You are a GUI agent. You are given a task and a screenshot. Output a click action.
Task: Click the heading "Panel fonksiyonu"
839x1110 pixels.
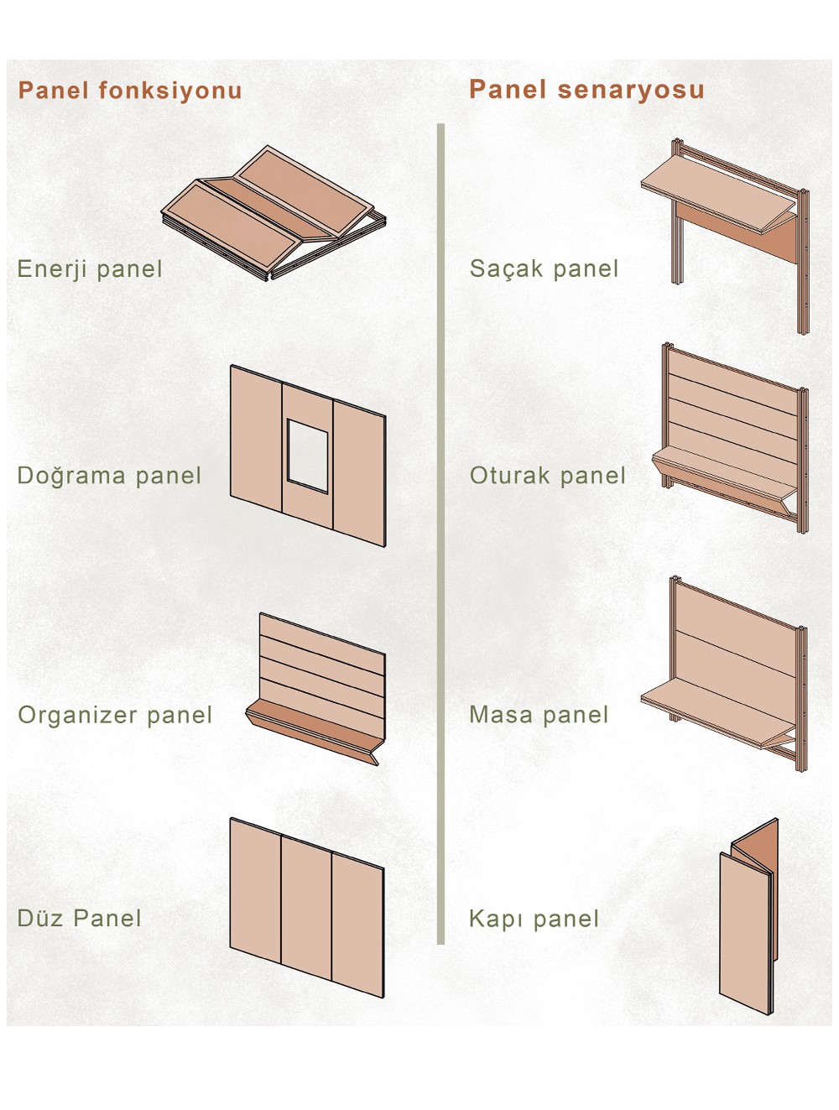tap(130, 91)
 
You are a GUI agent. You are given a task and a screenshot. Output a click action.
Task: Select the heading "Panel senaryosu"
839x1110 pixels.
tap(586, 90)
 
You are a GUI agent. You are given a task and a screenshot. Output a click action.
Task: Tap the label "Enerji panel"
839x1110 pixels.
tap(90, 268)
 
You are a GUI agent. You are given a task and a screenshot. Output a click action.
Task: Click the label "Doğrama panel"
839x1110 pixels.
tap(109, 476)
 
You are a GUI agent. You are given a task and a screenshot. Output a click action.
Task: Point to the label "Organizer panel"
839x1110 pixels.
tap(115, 715)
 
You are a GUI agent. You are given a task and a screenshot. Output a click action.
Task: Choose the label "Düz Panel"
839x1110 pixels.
tap(79, 919)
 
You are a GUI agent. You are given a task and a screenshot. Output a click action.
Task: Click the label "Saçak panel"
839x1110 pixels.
tap(545, 268)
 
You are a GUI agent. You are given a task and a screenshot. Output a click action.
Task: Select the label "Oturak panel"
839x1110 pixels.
tap(548, 476)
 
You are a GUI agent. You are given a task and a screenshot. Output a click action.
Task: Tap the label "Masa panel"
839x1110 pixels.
tap(539, 715)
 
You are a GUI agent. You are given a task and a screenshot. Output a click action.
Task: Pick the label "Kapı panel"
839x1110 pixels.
tap(534, 919)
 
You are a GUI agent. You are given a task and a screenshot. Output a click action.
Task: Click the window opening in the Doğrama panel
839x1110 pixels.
tap(307, 455)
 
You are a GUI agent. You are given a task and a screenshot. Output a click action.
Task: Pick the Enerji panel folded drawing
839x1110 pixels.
tap(274, 213)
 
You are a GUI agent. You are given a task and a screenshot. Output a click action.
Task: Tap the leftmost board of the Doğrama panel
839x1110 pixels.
tap(256, 437)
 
